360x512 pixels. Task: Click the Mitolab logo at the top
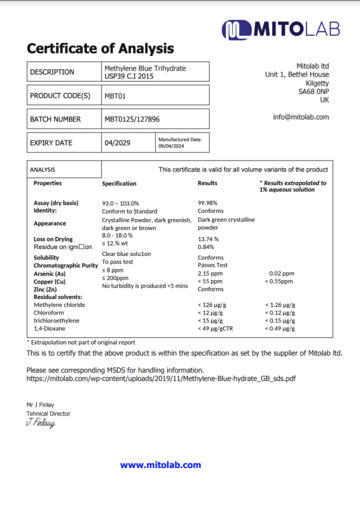point(280,29)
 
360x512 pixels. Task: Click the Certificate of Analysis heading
point(100,48)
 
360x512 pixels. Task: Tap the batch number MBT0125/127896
point(132,119)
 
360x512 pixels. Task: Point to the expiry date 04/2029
point(117,143)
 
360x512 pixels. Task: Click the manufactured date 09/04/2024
point(171,146)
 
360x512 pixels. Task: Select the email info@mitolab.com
point(301,117)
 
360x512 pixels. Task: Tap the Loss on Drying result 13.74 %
point(208,239)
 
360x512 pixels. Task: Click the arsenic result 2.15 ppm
point(210,273)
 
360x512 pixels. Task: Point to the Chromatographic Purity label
point(65,265)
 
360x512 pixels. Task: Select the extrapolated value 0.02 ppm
point(281,273)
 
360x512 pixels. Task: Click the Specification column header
point(119,183)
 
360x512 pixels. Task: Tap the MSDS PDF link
point(160,378)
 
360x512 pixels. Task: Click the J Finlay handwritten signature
point(40,423)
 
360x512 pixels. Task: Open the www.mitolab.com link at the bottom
point(160,465)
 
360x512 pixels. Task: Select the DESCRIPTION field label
point(52,72)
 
